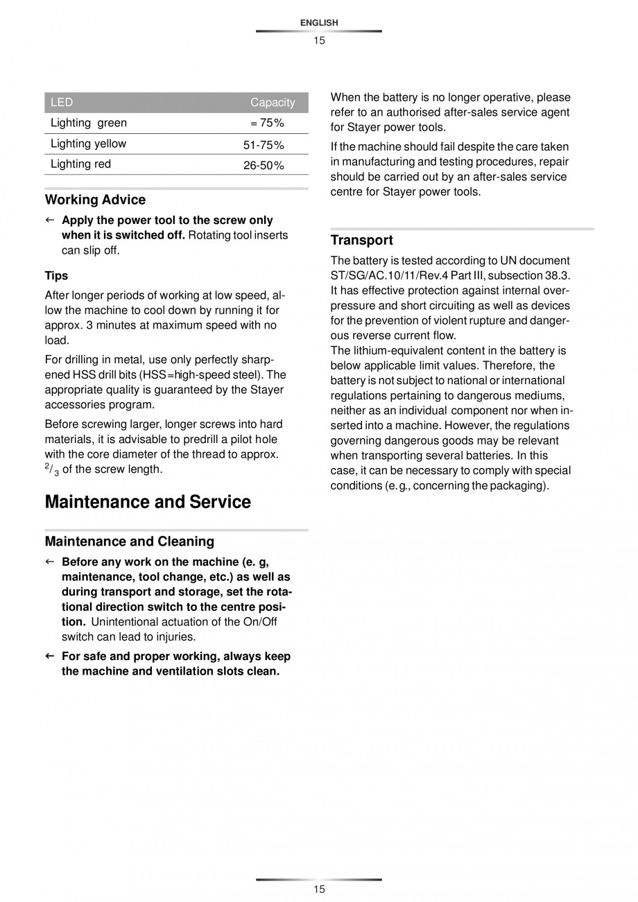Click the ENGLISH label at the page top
coord(319,23)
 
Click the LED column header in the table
coord(62,103)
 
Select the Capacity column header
coord(273,103)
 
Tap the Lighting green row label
coord(89,123)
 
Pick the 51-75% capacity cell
coord(264,145)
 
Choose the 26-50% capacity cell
coord(264,166)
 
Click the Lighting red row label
coord(80,164)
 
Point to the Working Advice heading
coord(95,200)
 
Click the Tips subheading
coord(56,275)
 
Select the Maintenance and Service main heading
coord(148,502)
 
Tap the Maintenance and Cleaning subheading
coord(129,541)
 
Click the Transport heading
coord(361,241)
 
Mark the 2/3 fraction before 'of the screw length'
coord(52,469)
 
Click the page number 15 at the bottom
coord(319,890)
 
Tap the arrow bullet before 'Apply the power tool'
coord(49,220)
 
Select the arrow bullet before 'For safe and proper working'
coord(49,656)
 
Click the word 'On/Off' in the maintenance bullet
coord(261,622)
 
